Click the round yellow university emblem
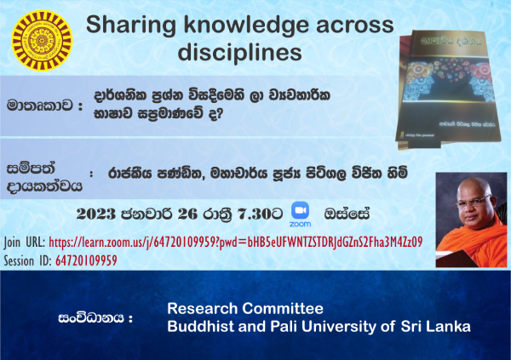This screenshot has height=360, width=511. click(x=42, y=40)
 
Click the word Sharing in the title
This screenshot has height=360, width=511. click(x=131, y=26)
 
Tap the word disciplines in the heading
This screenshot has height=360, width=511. click(x=240, y=53)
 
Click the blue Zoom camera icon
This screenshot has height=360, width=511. click(x=300, y=210)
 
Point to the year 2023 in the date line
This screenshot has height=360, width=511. click(x=96, y=214)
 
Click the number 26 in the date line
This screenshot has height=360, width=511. click(x=187, y=214)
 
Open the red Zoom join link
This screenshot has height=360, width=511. click(x=236, y=242)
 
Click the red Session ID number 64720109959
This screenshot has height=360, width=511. click(x=86, y=260)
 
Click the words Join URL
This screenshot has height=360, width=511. click(x=25, y=243)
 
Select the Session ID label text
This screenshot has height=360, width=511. click(x=28, y=260)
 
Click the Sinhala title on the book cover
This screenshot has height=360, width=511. click(x=451, y=42)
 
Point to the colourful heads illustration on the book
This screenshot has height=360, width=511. click(x=449, y=80)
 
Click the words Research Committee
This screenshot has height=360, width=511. click(x=245, y=309)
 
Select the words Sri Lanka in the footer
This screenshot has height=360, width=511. click(x=436, y=326)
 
